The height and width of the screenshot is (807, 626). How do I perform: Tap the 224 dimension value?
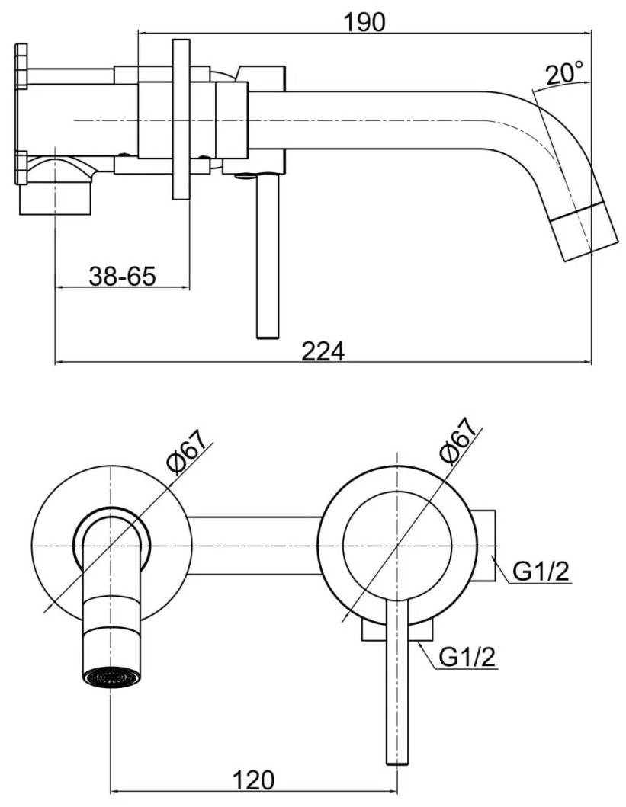[x=323, y=351]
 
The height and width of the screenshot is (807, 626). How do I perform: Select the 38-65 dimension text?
[x=122, y=277]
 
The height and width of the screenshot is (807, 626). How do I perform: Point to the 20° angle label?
[x=565, y=72]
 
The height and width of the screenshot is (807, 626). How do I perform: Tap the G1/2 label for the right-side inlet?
[x=541, y=572]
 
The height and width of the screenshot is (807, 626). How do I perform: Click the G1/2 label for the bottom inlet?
[x=467, y=657]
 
